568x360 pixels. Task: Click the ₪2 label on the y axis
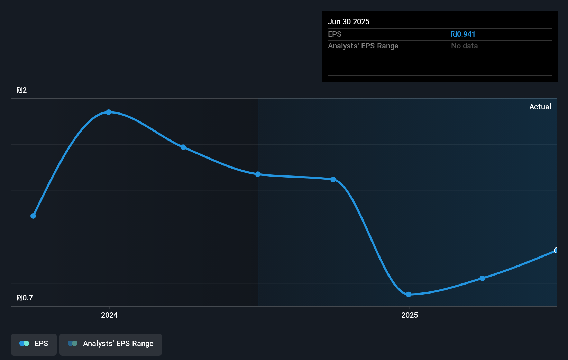coord(21,90)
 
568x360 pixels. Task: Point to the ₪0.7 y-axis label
coord(25,298)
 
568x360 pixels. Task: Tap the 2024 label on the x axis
coord(109,315)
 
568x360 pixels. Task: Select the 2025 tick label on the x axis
coord(410,315)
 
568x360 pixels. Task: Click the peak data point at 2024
coord(109,112)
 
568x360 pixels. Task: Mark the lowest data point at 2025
coord(409,295)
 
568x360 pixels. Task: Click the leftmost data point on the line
coord(33,216)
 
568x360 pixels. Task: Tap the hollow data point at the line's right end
coord(556,250)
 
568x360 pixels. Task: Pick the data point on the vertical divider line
coord(258,174)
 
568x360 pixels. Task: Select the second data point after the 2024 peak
coord(258,174)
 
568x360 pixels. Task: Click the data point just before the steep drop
coord(333,179)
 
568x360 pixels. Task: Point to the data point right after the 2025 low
coord(482,278)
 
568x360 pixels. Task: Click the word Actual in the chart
coord(540,107)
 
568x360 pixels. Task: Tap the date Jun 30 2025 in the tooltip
coord(349,22)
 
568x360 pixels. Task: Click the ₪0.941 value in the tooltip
coord(463,34)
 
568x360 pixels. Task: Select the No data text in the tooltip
coord(464,46)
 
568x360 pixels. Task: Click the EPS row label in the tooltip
coord(335,34)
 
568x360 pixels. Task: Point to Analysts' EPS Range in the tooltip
coord(363,46)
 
